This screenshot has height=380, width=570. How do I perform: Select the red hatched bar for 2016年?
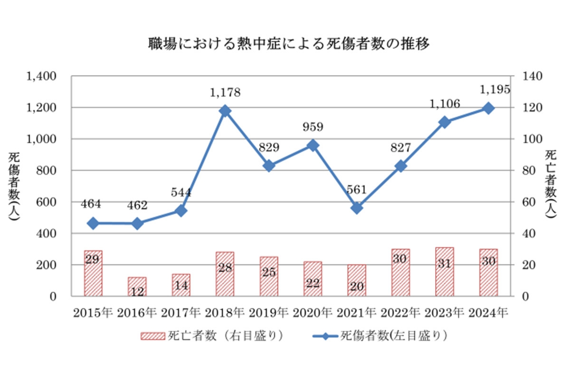point(137,286)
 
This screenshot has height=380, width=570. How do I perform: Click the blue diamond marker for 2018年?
point(225,111)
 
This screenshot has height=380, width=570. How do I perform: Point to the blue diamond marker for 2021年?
point(357,208)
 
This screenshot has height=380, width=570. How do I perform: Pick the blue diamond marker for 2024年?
point(488,108)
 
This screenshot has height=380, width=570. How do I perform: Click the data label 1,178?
point(225,92)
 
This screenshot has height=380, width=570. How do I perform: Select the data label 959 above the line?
point(313,127)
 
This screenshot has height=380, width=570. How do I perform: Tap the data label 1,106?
point(444,104)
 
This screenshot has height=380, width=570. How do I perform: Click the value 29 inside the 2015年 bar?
point(94,259)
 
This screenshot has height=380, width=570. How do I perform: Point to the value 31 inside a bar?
point(444,264)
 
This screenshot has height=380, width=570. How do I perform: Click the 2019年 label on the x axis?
point(269,313)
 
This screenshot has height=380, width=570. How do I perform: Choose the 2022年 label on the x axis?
point(400,313)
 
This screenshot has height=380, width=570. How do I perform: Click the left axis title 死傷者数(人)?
point(14,186)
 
